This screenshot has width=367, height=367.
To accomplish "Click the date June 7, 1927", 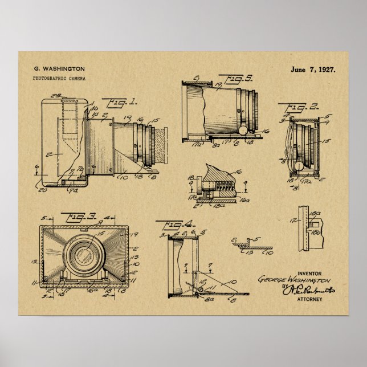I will coord(313,69).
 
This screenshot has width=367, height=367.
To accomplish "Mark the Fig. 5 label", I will coord(226,78).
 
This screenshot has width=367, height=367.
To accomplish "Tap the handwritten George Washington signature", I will coord(294,280).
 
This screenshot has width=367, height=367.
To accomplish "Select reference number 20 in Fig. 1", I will coord(43,190).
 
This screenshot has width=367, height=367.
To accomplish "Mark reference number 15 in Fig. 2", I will coord(327,140).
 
